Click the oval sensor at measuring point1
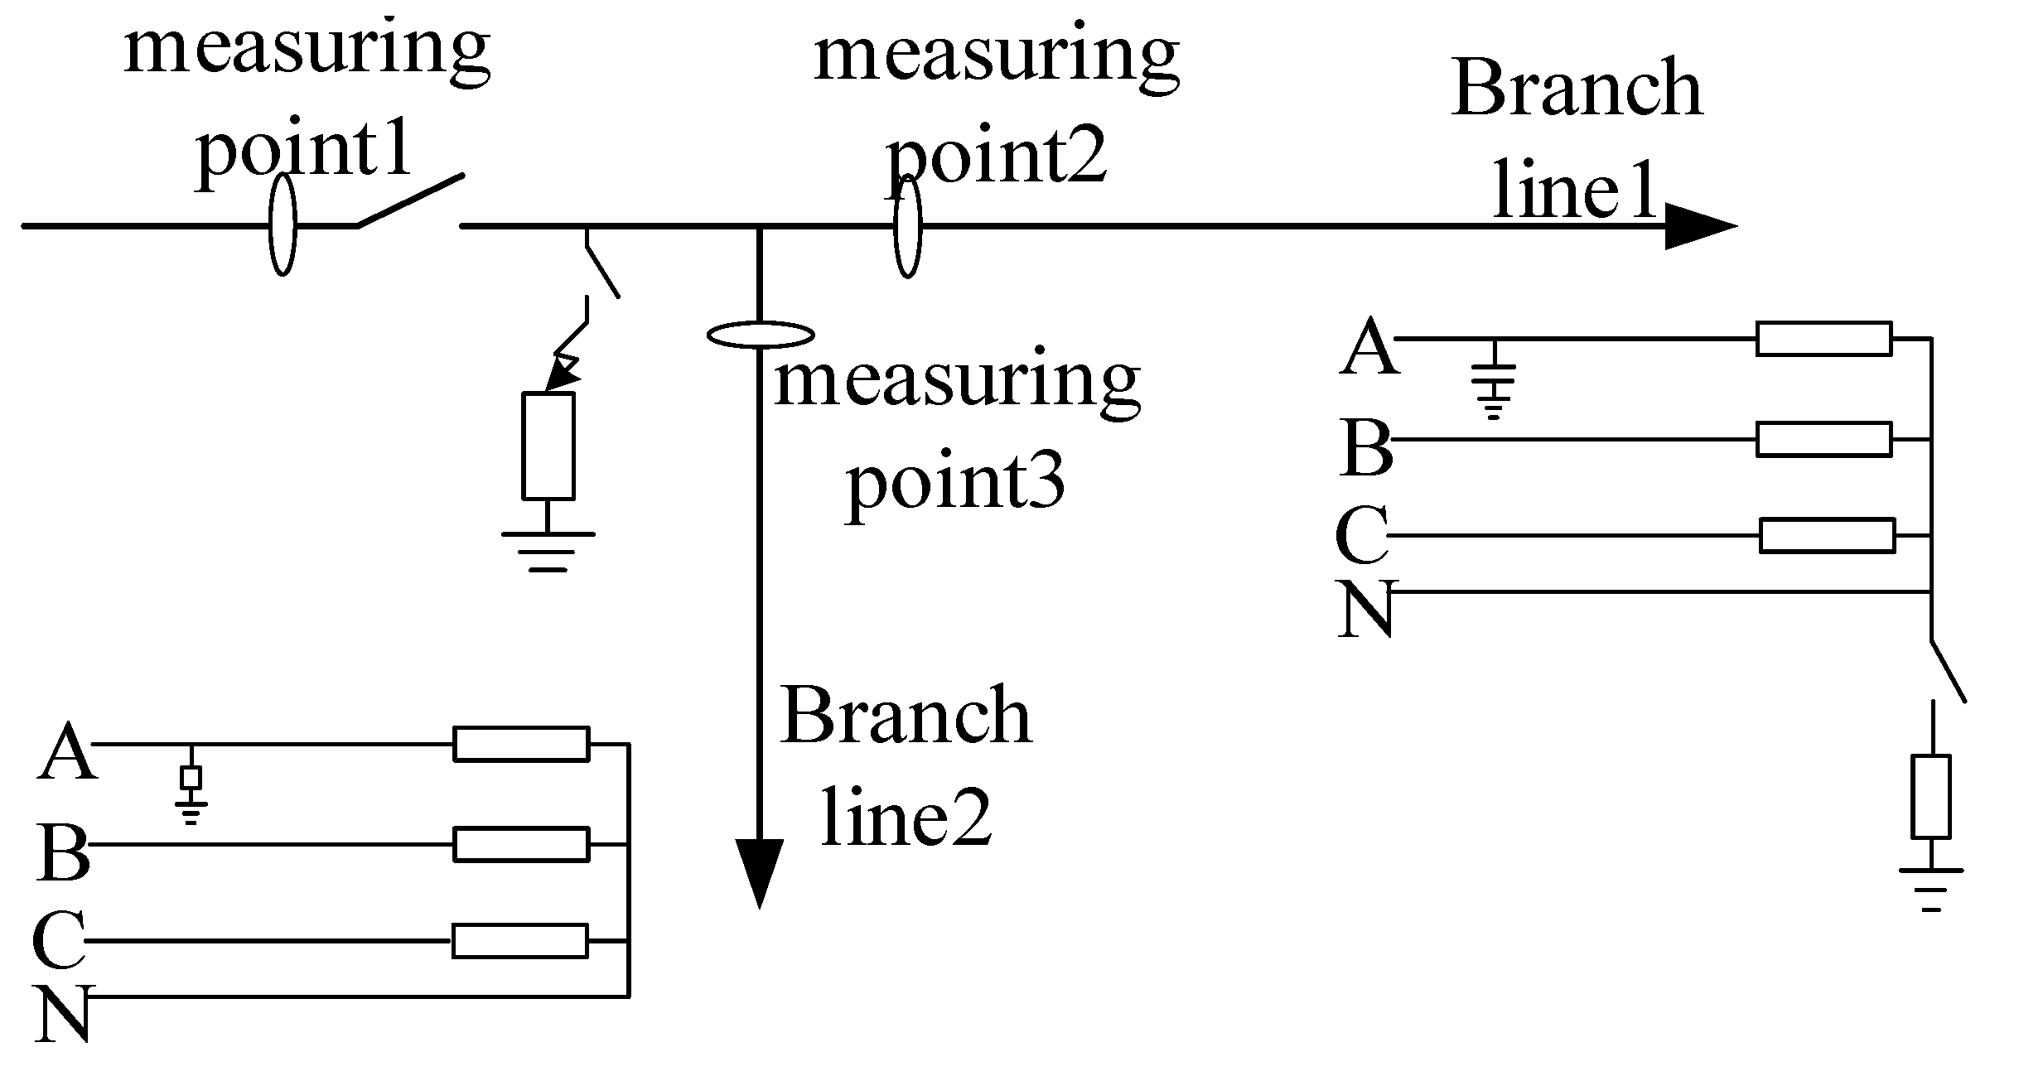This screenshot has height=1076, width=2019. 283,224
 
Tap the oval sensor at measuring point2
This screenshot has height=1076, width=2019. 908,225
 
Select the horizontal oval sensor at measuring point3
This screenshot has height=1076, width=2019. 760,335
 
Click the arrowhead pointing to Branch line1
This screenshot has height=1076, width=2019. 1698,225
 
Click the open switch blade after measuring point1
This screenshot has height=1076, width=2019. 410,200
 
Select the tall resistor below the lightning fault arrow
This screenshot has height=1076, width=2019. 548,446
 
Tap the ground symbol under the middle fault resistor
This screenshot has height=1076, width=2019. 548,551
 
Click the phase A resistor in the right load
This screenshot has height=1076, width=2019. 1823,339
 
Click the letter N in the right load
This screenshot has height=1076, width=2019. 1365,609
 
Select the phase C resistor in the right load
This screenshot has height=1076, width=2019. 1827,535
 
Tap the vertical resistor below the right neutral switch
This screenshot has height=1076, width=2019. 1931,796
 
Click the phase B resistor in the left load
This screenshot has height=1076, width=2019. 521,844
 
